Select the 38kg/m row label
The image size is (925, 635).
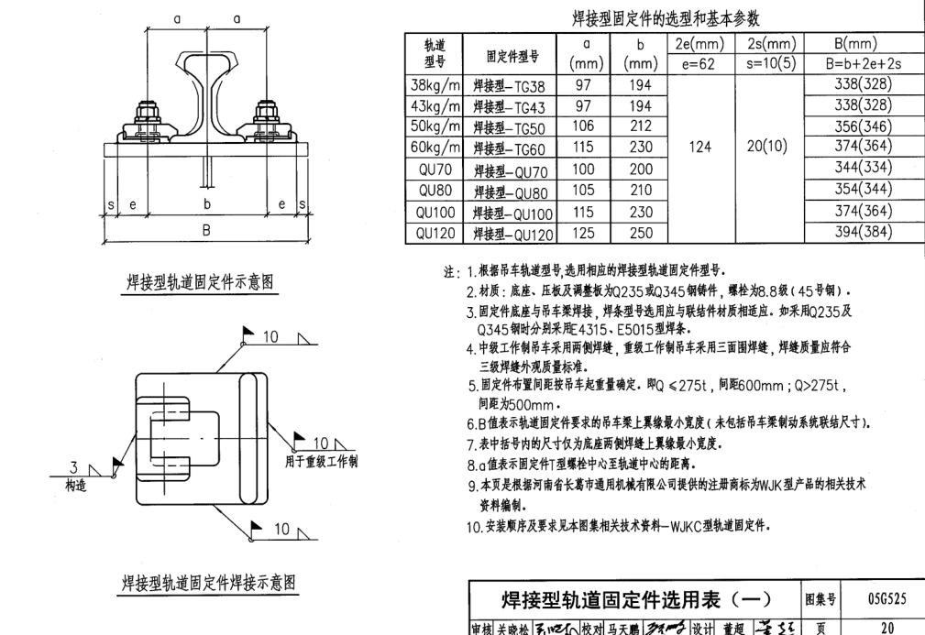(x=435, y=85)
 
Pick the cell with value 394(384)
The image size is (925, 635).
(x=863, y=233)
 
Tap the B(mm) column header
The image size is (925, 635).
(x=863, y=44)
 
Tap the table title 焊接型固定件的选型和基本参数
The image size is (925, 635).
(x=666, y=17)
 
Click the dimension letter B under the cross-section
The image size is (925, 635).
(x=206, y=231)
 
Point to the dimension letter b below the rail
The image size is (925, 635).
(x=207, y=204)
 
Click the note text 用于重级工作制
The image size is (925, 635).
(x=321, y=460)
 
